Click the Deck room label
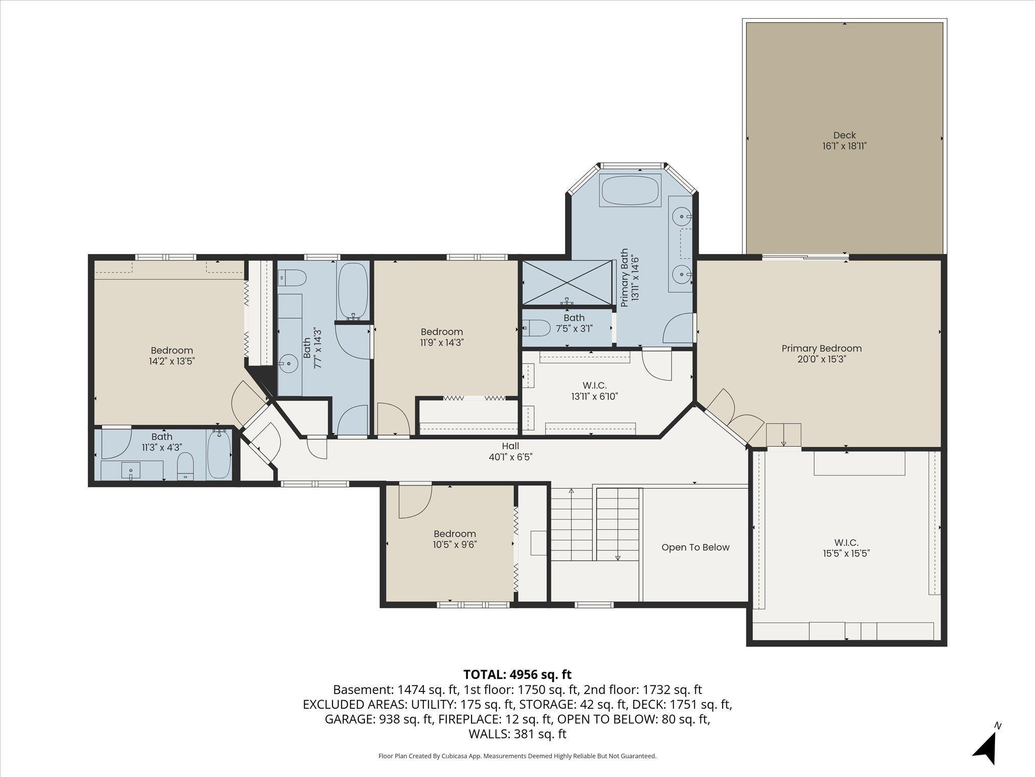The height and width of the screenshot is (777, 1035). [x=844, y=135]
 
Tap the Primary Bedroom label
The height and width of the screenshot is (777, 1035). [x=821, y=349]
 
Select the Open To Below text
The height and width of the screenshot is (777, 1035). [x=695, y=547]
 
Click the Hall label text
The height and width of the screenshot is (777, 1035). [x=510, y=446]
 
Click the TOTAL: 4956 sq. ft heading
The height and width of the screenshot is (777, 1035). [x=517, y=674]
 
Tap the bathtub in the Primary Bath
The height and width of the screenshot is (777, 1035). [x=630, y=190]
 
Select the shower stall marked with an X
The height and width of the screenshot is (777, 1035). [x=567, y=283]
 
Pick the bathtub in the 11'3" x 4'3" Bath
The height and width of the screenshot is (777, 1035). [x=219, y=454]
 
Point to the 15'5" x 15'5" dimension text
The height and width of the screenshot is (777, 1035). [x=846, y=553]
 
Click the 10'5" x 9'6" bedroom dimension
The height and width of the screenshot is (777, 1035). [x=455, y=545]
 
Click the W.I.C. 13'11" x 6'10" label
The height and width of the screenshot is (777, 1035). [x=594, y=391]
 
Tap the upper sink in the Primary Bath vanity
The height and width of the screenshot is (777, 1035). [x=682, y=217]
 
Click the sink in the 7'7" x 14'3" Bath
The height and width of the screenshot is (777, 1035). [x=289, y=363]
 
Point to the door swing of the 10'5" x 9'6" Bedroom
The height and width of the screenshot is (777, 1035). [x=415, y=501]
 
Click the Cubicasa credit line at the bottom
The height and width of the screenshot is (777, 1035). [x=517, y=756]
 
